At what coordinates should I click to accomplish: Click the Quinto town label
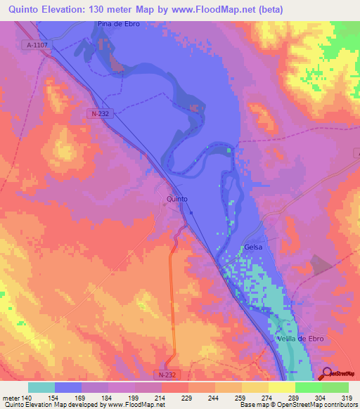coord(177,200)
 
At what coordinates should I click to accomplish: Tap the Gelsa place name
coord(253,248)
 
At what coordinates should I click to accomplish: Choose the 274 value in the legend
coord(260,397)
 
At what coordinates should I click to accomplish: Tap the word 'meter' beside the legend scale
coord(10,397)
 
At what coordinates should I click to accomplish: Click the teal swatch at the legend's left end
coord(41,387)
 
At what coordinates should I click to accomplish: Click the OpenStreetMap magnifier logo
coord(326,373)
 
